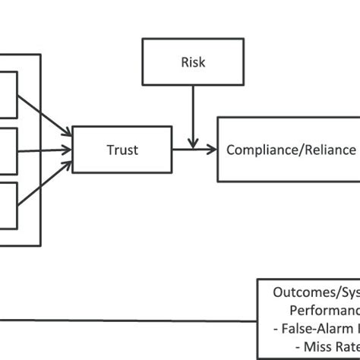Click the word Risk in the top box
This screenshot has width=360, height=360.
coord(193,62)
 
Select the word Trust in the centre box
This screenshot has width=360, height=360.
coord(122,150)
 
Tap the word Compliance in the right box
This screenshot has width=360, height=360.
coord(258,150)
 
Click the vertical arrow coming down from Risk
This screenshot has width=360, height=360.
coord(194,114)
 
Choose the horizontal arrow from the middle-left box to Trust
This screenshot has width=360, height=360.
coord(42,150)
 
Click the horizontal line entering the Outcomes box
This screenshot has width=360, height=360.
coord(129,319)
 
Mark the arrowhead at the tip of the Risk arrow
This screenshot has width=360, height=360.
coord(194,143)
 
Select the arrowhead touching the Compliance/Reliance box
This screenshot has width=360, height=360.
coord(212,150)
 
